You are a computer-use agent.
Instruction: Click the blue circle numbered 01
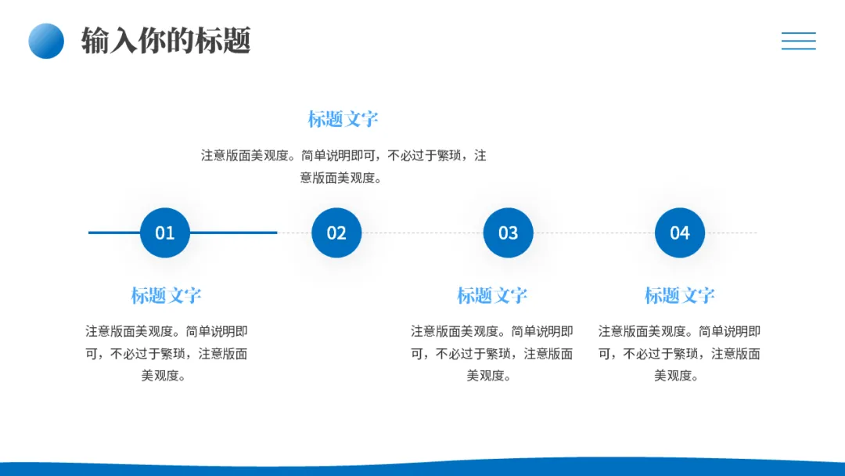(x=165, y=233)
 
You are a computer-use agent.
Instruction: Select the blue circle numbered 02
(x=336, y=233)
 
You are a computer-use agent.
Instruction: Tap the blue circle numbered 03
(x=508, y=233)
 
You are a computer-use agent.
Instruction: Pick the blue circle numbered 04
(x=679, y=233)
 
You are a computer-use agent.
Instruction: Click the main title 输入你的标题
(x=166, y=41)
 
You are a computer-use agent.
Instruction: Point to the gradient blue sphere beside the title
(x=46, y=41)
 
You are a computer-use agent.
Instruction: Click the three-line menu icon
(x=798, y=41)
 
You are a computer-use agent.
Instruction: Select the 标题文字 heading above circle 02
(x=343, y=119)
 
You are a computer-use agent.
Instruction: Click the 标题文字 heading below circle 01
(x=166, y=295)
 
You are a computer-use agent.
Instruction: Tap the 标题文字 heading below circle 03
(x=492, y=295)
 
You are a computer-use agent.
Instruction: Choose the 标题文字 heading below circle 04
(x=679, y=295)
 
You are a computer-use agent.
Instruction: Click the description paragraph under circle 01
(x=166, y=353)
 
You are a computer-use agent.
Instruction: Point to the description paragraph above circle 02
(x=343, y=167)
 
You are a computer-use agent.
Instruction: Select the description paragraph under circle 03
(x=492, y=353)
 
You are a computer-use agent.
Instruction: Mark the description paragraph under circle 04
(x=679, y=353)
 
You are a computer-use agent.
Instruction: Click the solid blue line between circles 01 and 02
(x=233, y=233)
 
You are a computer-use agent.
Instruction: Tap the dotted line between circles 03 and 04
(x=594, y=233)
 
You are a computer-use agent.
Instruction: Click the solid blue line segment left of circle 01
(x=113, y=233)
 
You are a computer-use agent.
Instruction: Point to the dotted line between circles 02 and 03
(x=422, y=233)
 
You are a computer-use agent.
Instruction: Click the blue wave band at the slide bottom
(x=422, y=468)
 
